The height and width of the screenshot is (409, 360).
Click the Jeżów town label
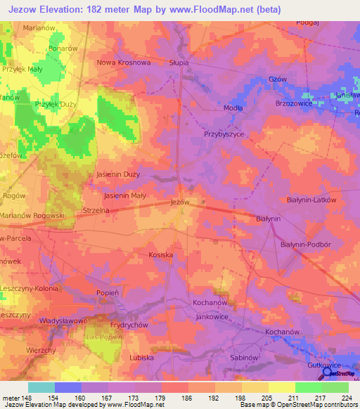(x=181, y=202)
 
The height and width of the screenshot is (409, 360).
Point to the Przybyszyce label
(x=223, y=134)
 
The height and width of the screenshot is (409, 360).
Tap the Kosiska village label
(x=161, y=254)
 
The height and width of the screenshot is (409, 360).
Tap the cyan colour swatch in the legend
(x=41, y=387)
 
